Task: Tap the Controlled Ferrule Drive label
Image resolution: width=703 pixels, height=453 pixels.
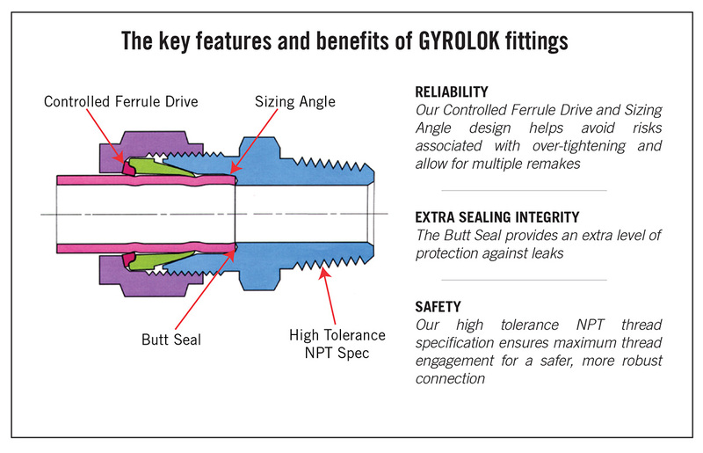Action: coord(121,102)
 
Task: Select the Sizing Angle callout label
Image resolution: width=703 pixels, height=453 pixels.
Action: coord(295,102)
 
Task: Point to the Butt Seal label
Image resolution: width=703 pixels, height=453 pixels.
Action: coord(171,338)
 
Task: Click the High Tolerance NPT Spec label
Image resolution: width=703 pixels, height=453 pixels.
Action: coord(337,343)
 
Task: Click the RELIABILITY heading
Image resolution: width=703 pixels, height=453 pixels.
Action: coord(451,91)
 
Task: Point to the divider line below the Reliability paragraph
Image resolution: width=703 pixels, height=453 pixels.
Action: coord(523,191)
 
